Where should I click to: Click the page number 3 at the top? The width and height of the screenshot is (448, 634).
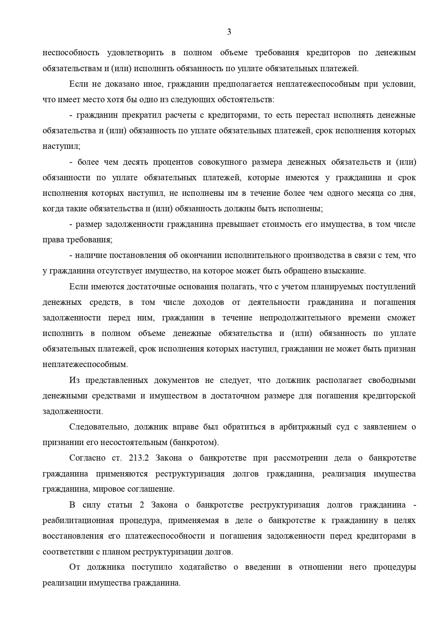point(229,32)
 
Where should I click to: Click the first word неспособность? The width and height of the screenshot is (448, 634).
point(71,53)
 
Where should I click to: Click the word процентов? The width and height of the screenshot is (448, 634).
point(173,162)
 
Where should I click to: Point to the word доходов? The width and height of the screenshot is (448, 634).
point(208,302)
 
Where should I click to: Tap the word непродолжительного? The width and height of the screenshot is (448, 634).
point(300,318)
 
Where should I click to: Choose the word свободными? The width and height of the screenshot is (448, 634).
point(392,380)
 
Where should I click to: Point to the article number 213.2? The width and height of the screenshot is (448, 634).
point(139,458)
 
